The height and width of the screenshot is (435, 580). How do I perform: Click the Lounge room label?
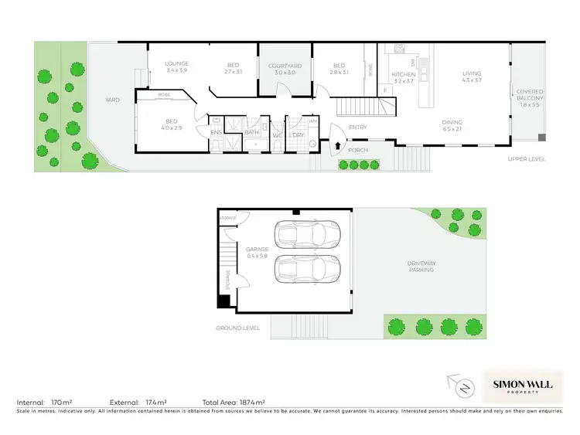(x=176, y=66)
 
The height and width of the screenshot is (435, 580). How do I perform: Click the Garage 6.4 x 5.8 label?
(x=257, y=252)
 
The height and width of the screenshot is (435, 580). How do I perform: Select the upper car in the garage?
(x=307, y=235)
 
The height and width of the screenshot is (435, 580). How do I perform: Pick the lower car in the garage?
(x=307, y=271)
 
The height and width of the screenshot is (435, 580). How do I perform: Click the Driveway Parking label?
(x=421, y=267)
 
